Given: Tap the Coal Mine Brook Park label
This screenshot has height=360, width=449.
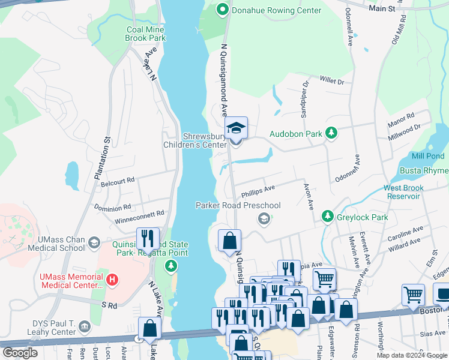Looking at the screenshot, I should tap(145, 34).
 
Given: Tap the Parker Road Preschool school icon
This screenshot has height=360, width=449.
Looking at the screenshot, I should tap(263, 219).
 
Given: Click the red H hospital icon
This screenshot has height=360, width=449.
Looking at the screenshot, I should tap(111, 280).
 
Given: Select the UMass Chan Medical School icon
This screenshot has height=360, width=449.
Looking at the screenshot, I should tap(94, 243).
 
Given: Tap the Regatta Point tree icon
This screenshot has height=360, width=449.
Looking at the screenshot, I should tap(172, 265).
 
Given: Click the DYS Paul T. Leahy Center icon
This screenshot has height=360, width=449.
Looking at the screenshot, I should tap(85, 328).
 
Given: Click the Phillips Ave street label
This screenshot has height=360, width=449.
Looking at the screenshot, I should tap(258, 191).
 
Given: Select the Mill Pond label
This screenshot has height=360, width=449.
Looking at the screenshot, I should tap(429, 156).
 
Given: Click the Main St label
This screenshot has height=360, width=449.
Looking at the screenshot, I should tap(382, 9).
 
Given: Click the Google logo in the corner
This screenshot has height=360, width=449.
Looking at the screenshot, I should tap(20, 352).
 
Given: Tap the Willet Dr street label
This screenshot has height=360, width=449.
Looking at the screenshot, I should tap(331, 80).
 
